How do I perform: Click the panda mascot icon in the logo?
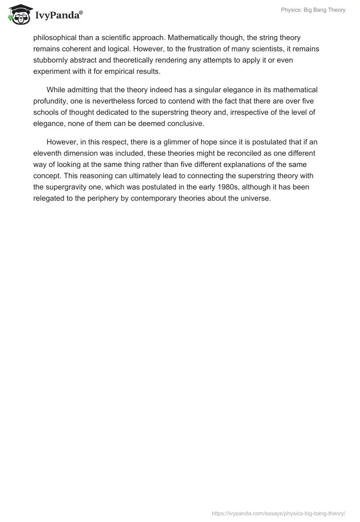[18, 14]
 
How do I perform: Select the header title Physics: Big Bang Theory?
[314, 10]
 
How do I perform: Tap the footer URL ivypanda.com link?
[278, 513]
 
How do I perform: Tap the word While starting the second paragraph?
[56, 90]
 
